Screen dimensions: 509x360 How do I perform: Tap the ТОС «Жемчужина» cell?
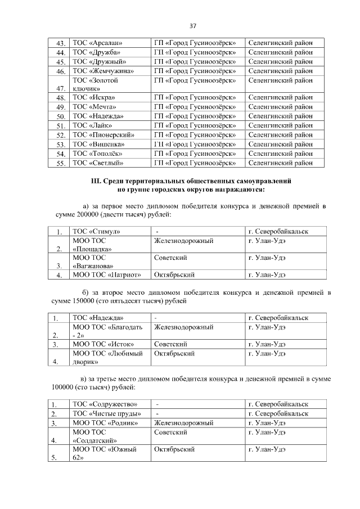[102, 71]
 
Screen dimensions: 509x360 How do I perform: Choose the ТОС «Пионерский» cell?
[102, 135]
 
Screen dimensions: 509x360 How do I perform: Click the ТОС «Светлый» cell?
[98, 163]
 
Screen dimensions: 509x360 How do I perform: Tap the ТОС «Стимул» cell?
[96, 232]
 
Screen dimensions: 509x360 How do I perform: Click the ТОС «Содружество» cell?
[103, 404]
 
